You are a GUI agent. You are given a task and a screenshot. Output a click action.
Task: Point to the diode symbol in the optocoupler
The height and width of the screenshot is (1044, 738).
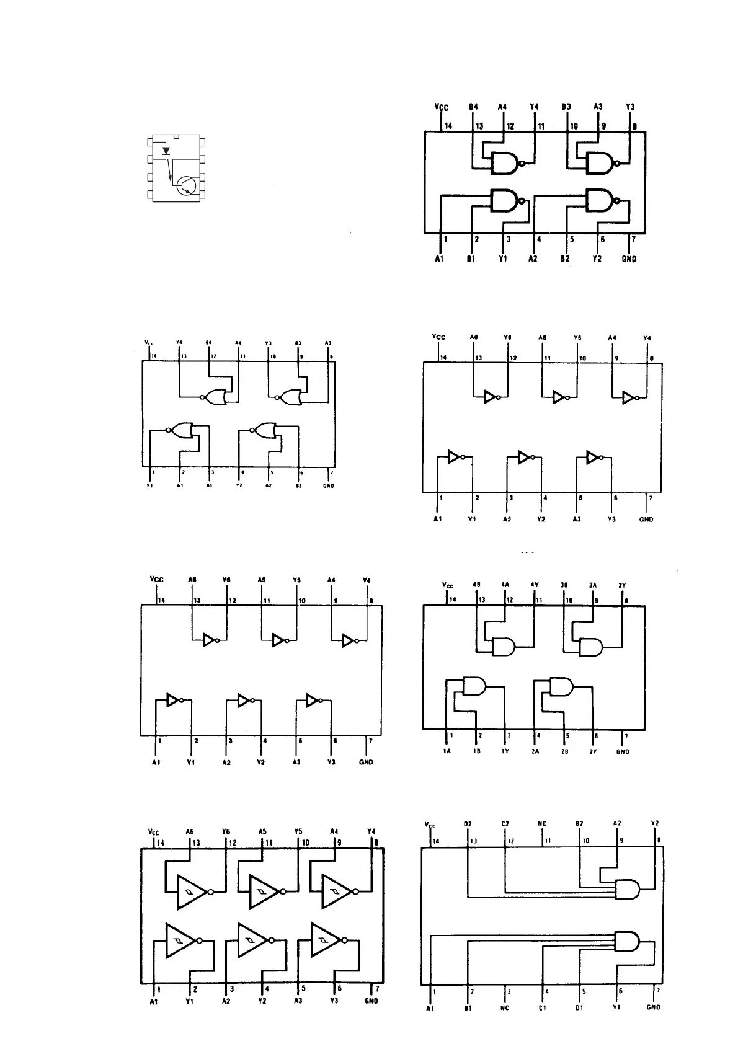click(x=166, y=150)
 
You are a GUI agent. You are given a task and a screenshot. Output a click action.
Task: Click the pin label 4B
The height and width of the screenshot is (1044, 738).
click(x=476, y=585)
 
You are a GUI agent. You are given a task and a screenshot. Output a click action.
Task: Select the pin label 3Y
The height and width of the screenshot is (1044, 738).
click(x=623, y=585)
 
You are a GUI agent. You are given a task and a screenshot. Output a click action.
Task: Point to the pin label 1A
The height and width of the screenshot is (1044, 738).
click(x=447, y=751)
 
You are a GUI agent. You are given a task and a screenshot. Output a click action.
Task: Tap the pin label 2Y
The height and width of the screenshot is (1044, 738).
click(x=594, y=751)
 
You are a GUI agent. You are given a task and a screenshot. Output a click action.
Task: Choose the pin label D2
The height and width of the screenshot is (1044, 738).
click(x=468, y=824)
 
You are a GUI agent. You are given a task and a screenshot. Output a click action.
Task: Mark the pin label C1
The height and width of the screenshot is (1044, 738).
click(x=543, y=1007)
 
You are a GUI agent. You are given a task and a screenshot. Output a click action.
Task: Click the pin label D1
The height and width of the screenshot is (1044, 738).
click(x=580, y=1007)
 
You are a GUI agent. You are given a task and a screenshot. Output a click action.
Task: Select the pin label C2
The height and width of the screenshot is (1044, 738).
click(x=505, y=824)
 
